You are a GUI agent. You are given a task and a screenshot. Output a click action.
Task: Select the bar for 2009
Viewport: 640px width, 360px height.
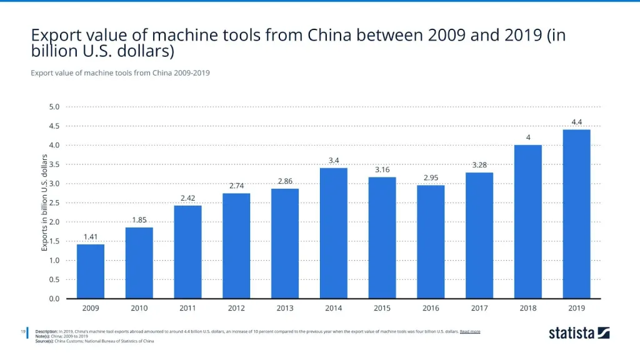coord(91,271)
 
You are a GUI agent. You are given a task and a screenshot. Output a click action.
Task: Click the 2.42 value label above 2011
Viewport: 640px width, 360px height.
coord(187,198)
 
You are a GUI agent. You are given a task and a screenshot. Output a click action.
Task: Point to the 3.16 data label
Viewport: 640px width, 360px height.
coord(382,169)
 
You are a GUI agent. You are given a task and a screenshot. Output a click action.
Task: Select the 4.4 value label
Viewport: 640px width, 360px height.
coord(576,122)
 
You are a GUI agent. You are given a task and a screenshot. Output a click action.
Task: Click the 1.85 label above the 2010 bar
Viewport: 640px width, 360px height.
coord(139,220)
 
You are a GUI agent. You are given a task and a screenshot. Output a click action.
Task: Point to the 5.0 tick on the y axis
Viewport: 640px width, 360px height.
coord(54,107)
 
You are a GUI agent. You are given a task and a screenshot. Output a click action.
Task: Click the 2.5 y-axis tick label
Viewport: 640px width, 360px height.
coord(54,203)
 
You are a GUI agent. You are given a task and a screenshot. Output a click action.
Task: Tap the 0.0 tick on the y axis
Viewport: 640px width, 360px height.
coord(54,299)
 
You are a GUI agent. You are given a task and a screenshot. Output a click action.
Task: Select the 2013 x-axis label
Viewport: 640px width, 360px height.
coord(285,308)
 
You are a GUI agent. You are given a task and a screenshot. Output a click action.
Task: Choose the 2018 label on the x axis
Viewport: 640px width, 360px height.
coord(527,308)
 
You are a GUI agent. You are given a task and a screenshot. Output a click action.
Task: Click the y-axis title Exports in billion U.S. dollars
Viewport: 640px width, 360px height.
coord(45,202)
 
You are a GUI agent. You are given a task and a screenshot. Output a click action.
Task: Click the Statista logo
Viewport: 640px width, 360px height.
coord(579,333)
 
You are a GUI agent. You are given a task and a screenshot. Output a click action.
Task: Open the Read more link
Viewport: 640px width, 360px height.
coord(470,331)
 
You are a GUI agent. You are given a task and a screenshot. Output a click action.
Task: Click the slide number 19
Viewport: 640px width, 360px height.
coord(22,331)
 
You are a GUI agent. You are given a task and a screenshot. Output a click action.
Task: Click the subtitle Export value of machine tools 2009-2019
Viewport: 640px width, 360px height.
coord(119,72)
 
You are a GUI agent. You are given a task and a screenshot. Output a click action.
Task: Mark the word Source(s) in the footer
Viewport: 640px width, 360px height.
coord(46,341)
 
